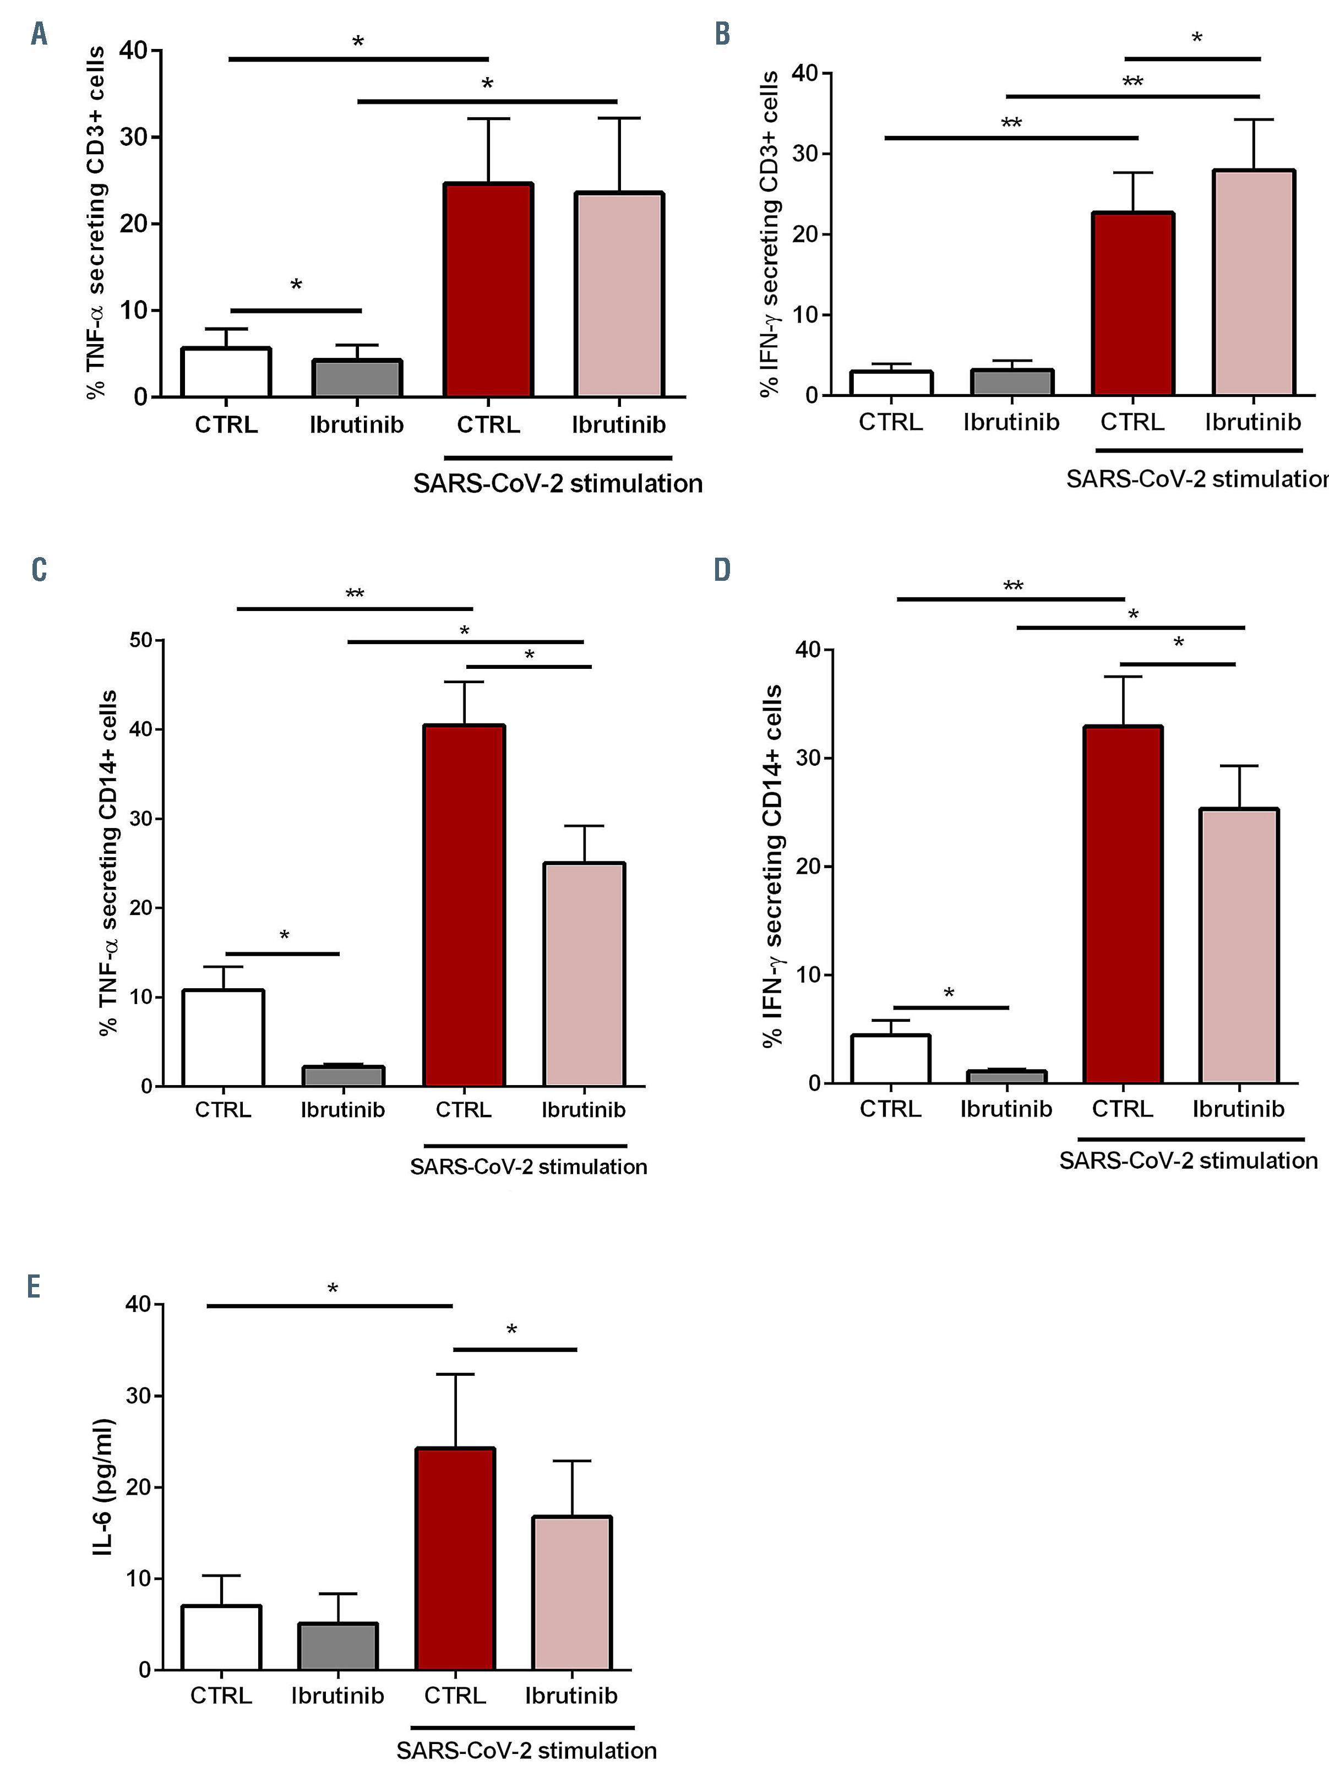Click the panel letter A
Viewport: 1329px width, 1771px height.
pos(39,35)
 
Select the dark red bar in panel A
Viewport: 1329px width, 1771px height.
pos(488,290)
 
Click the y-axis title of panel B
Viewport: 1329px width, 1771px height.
pos(770,233)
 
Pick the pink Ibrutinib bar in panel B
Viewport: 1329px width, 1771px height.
pos(1253,282)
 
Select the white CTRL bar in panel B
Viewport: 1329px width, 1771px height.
pos(891,383)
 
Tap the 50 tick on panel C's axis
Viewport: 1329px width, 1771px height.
pos(141,640)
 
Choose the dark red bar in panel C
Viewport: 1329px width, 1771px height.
pos(464,904)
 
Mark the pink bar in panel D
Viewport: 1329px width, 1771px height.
pos(1239,946)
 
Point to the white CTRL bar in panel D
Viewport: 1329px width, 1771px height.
pos(890,1059)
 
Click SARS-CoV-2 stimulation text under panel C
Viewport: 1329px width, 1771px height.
pos(529,1167)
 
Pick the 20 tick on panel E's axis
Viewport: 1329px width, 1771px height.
pos(139,1487)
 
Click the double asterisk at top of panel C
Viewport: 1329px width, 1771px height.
pos(355,594)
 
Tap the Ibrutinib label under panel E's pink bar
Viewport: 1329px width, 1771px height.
pos(571,1695)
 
